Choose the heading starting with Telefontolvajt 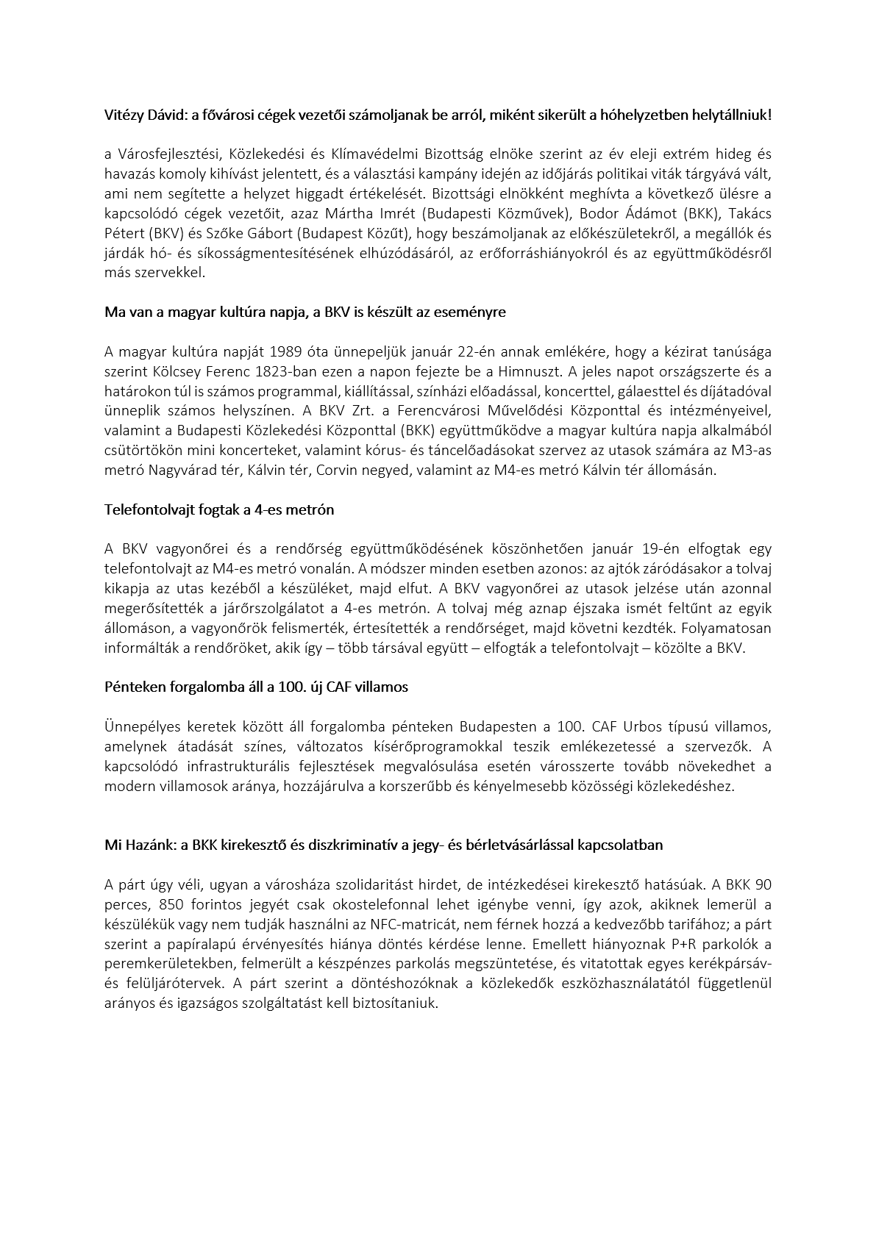(218, 509)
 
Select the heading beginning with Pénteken (256, 687)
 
